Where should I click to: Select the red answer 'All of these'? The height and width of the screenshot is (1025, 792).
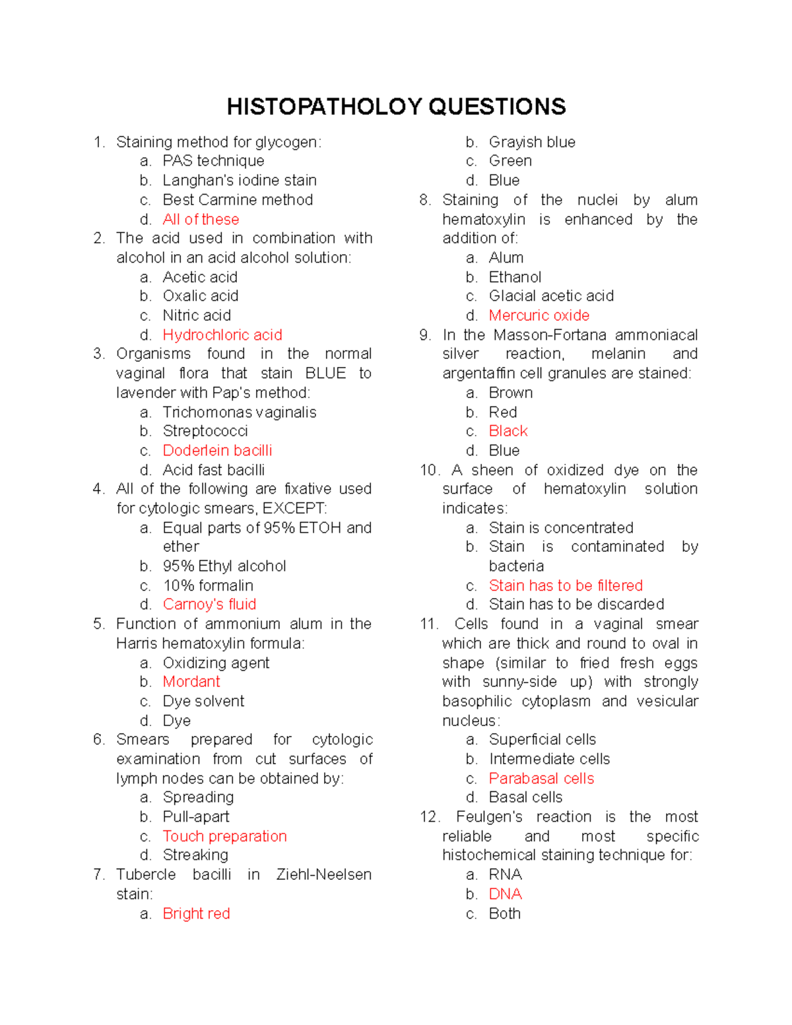pos(201,219)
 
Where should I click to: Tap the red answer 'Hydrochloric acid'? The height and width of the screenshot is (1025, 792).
pos(222,335)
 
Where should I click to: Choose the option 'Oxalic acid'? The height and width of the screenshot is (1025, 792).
pos(201,296)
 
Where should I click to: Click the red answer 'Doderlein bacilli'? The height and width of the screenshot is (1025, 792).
pos(217,451)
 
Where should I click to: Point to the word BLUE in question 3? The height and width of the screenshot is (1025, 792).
pos(325,374)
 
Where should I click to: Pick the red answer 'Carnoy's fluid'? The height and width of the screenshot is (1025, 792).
pos(209,605)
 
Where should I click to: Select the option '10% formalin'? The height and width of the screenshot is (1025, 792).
pos(208,585)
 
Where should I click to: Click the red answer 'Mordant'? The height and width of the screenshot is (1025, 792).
pos(191,682)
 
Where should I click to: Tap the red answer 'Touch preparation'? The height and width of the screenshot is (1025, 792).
pos(224,836)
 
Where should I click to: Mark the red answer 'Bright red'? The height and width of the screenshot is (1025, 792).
pos(196,913)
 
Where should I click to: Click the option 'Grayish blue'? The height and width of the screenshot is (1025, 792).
pos(532,143)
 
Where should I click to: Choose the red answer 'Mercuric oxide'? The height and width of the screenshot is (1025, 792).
pos(539,315)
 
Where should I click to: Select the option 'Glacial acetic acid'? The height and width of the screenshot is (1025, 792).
pos(551,296)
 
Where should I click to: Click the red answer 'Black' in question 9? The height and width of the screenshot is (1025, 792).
pos(508,431)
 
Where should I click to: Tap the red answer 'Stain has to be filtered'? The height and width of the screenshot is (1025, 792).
pos(566,585)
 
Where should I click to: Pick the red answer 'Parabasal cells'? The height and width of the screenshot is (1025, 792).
pos(541,779)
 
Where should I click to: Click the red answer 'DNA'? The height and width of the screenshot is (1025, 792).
pos(505,894)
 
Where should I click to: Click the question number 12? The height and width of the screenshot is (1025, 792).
pos(428,817)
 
